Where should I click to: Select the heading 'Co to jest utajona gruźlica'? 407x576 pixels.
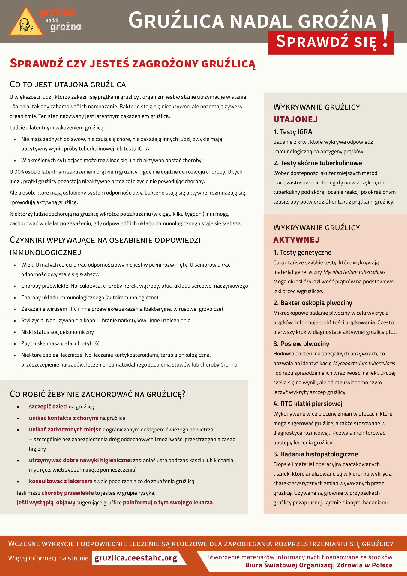(68, 85)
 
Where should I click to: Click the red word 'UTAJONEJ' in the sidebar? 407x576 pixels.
(295, 119)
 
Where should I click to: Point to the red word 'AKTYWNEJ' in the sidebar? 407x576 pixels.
(296, 240)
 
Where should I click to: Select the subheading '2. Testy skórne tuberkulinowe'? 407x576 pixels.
(317, 163)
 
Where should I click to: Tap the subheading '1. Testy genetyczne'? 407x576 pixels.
(302, 252)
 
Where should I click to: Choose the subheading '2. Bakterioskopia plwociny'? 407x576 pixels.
(313, 303)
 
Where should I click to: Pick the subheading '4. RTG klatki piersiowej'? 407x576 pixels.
(307, 403)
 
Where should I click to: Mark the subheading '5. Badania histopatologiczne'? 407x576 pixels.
(316, 454)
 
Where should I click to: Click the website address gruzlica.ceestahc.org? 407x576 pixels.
(136, 558)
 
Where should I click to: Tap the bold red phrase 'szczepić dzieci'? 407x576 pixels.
(48, 406)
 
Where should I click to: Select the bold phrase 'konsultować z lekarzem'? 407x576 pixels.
(61, 481)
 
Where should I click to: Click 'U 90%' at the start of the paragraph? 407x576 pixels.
(16, 172)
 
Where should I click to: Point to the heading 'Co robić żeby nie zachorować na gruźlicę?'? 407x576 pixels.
(97, 394)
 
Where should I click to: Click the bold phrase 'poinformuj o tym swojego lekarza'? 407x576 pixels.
(168, 502)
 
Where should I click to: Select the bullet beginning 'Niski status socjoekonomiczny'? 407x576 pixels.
(57, 332)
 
